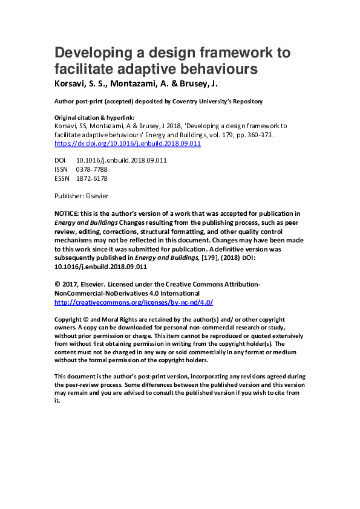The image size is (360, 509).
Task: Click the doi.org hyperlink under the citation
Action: pos(127,144)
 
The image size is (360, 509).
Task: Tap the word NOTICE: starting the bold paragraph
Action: pos(68,213)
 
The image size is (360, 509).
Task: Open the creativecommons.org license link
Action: pos(133,302)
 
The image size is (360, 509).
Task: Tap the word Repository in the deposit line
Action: pos(246,101)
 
